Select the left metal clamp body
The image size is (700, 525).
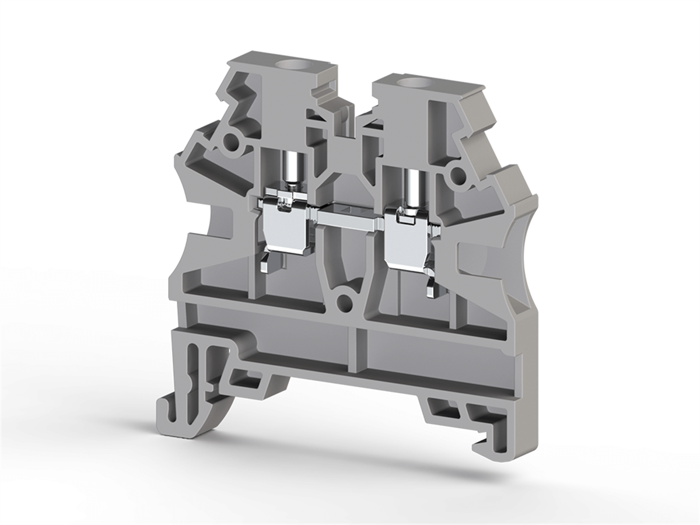coord(283,225)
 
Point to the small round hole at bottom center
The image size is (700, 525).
coord(345,302)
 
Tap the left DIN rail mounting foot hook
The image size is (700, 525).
coord(175,411)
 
